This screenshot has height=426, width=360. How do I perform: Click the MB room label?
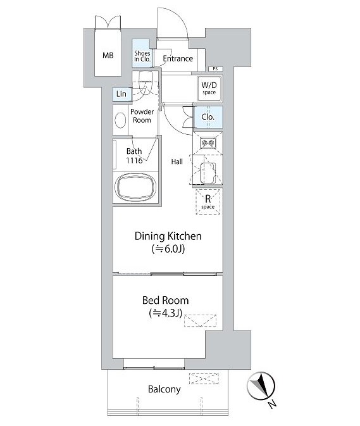click(108, 56)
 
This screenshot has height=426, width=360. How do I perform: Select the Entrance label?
click(178, 58)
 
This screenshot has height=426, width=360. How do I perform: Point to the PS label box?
click(215, 69)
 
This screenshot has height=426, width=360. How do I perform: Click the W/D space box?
click(209, 88)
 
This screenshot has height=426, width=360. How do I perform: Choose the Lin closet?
click(121, 94)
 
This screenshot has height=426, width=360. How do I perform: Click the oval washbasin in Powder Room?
click(120, 120)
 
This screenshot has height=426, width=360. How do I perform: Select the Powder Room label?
click(142, 116)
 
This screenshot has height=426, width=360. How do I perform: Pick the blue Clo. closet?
click(208, 117)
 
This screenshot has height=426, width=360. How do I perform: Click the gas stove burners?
click(208, 142)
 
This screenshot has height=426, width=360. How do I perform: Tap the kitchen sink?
click(208, 173)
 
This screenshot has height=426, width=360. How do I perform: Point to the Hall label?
click(177, 161)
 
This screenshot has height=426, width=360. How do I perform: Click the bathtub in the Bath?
click(135, 188)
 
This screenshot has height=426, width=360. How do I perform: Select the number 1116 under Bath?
click(134, 160)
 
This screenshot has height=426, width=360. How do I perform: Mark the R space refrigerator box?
click(208, 201)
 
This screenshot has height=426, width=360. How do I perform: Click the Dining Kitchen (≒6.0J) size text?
click(168, 249)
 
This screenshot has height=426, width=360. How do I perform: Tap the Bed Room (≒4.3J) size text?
click(165, 313)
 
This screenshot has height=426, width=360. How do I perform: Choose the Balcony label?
click(164, 389)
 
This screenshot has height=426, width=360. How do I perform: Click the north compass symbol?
click(261, 386)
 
